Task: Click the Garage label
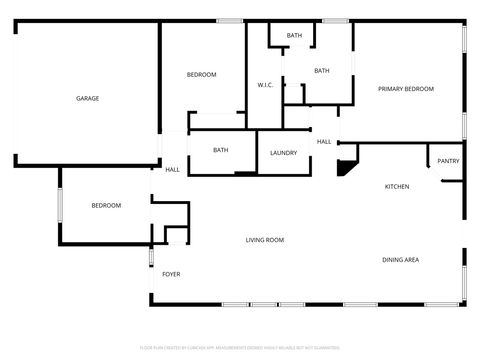point(87,98)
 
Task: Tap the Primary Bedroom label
point(405,89)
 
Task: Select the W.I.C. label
point(265,85)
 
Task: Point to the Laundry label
point(283,152)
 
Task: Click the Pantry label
point(448,160)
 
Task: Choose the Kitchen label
point(397,187)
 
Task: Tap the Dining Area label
point(400,260)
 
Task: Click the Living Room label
point(265,240)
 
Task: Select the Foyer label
point(171,273)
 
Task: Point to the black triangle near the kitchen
point(346,167)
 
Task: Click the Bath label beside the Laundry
point(221,150)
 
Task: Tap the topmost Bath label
point(294,36)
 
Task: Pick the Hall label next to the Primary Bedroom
point(324,142)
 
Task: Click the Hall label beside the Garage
point(172,169)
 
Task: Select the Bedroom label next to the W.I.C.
point(201,75)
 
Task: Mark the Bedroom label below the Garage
point(106,206)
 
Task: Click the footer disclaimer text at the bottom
point(239,347)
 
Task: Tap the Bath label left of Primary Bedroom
point(321,71)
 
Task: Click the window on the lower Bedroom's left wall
point(60,206)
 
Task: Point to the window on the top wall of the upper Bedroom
point(231,20)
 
